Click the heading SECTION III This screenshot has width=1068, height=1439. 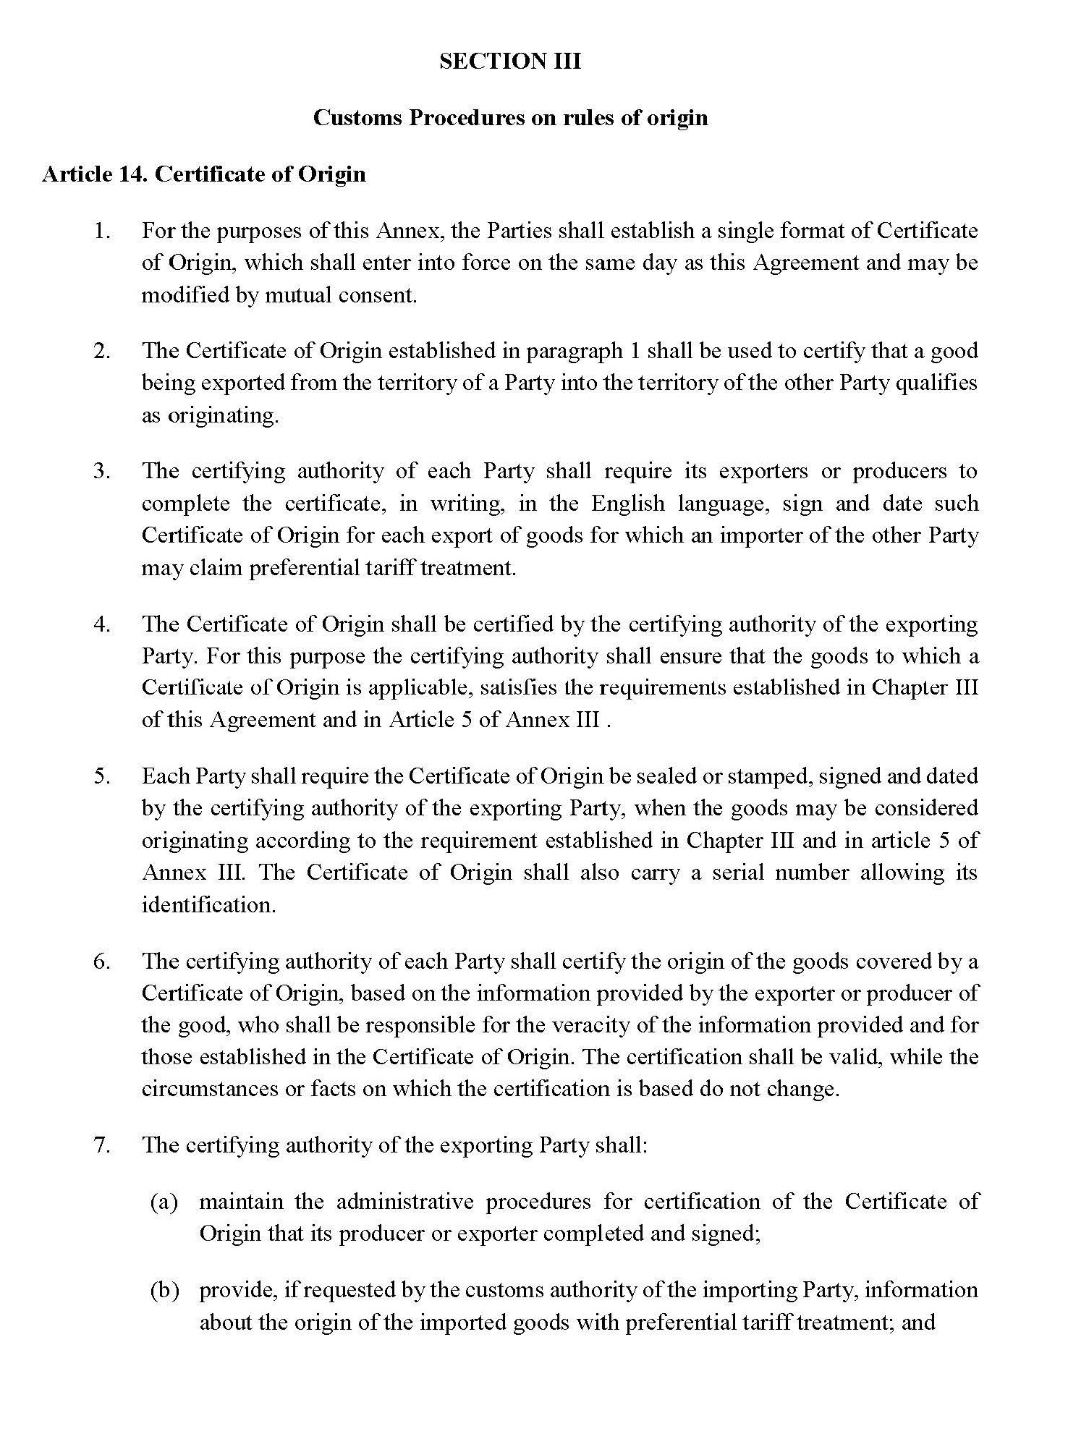509,61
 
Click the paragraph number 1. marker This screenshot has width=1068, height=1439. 102,232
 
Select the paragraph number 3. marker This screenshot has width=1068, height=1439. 102,471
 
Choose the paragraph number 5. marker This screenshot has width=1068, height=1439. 102,776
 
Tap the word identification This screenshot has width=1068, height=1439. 208,905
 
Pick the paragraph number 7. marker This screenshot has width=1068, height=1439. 102,1145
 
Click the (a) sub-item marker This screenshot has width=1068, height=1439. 164,1202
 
